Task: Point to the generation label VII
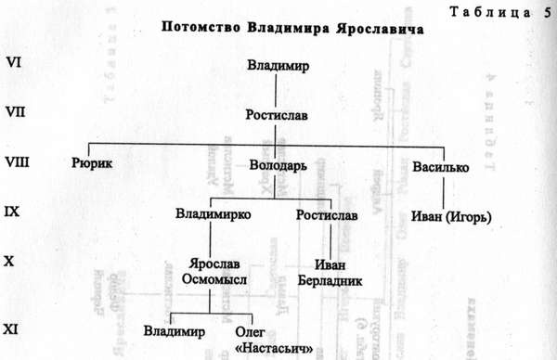[x=15, y=112]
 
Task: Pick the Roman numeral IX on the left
[x=13, y=212]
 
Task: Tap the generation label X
[x=9, y=262]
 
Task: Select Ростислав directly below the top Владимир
[x=278, y=116]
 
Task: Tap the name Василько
[x=439, y=168]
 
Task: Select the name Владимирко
[x=208, y=216]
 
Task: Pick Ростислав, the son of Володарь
[x=327, y=216]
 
